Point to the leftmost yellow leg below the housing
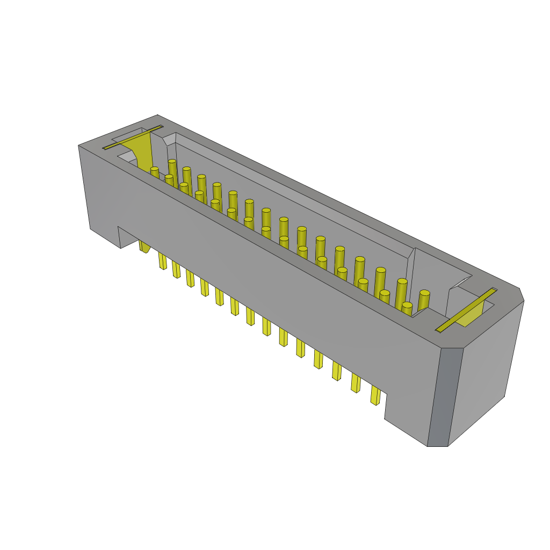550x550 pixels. pos(144,247)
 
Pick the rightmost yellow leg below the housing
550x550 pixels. pos(375,395)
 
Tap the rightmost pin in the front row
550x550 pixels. pos(407,309)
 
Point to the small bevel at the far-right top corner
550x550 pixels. pos(521,294)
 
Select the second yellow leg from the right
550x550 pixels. pos(356,382)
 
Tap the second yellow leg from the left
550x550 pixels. pos(162,260)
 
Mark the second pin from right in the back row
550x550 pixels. pos(401,292)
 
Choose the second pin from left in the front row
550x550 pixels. pos(169,180)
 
